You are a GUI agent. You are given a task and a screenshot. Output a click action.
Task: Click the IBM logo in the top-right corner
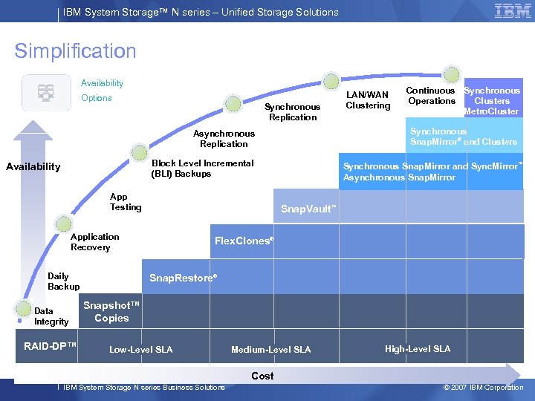(x=512, y=10)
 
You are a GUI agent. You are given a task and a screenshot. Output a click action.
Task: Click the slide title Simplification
(x=75, y=51)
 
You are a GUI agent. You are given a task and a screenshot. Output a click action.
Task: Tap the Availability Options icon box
(x=46, y=93)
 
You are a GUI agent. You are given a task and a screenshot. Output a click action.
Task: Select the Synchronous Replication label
(x=293, y=112)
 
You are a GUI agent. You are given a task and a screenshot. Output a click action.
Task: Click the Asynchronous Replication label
(x=224, y=139)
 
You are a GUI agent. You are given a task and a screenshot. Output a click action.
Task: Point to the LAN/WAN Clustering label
(x=368, y=100)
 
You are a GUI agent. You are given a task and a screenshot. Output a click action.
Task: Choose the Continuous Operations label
(x=431, y=96)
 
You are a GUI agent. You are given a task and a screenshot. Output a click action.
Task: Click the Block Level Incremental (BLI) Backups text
(x=202, y=169)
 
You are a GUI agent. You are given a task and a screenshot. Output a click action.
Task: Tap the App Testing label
(x=125, y=202)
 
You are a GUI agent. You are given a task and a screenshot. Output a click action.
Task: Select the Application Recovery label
(x=94, y=242)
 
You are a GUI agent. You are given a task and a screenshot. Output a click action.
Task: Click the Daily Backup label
(x=63, y=281)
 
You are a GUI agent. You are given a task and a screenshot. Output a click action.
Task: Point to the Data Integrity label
(x=51, y=316)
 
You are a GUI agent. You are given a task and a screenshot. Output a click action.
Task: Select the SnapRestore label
(x=183, y=278)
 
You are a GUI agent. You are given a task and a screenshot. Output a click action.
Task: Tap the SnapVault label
(x=308, y=209)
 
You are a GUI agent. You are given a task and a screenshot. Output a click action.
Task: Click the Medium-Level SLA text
(x=270, y=350)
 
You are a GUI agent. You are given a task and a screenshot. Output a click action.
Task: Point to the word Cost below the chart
(x=262, y=376)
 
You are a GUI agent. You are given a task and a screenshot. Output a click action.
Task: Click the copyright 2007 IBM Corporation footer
(x=482, y=387)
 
